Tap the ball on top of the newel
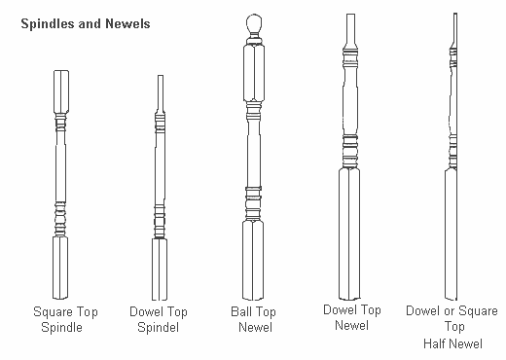click(254, 23)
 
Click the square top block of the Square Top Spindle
click(61, 91)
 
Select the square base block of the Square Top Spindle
click(60, 268)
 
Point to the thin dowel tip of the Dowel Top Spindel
click(161, 93)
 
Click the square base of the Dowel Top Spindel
click(160, 270)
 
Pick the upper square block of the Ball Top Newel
click(254, 73)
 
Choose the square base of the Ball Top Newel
click(253, 261)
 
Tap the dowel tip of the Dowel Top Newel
click(350, 30)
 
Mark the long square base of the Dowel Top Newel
click(349, 234)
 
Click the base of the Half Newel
click(451, 234)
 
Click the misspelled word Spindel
click(158, 327)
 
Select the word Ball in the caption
click(240, 311)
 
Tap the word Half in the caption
click(436, 343)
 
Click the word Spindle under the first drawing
click(61, 327)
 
